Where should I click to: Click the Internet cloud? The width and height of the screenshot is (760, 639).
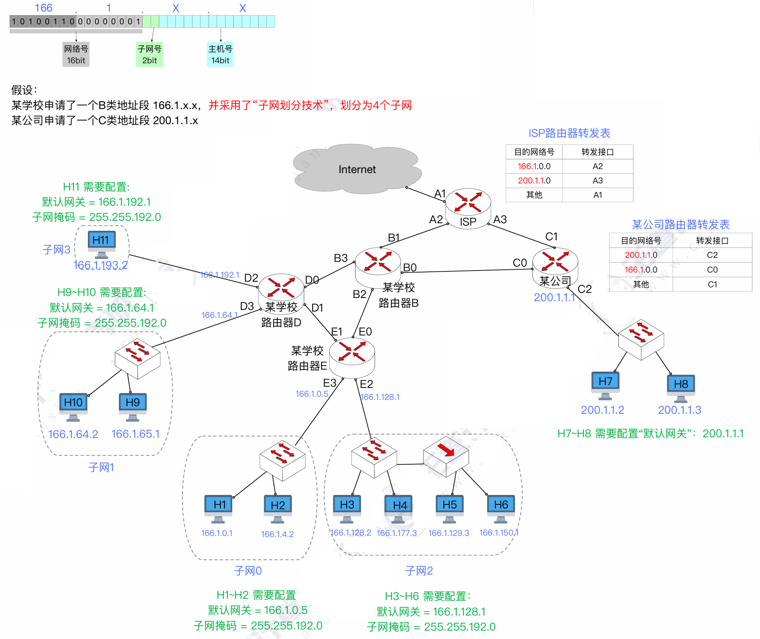coord(357,169)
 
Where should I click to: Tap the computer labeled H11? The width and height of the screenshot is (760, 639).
coord(101,243)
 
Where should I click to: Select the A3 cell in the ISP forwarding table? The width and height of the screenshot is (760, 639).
coord(597,181)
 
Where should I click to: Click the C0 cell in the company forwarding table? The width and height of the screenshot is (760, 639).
coord(712,270)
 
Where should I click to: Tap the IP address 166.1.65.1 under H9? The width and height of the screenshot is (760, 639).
coord(135,434)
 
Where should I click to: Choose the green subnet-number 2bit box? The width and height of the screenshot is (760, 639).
coord(150,55)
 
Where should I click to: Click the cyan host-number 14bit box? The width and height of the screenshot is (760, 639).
coord(220,55)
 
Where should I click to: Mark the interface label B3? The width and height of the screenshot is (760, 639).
coord(341,258)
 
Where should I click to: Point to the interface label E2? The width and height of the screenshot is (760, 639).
coord(366,384)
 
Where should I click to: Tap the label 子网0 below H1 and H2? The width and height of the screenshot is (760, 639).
coord(248,571)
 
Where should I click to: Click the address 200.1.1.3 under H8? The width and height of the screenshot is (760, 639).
coord(679,410)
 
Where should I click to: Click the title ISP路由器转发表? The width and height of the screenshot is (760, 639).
coord(569,133)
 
